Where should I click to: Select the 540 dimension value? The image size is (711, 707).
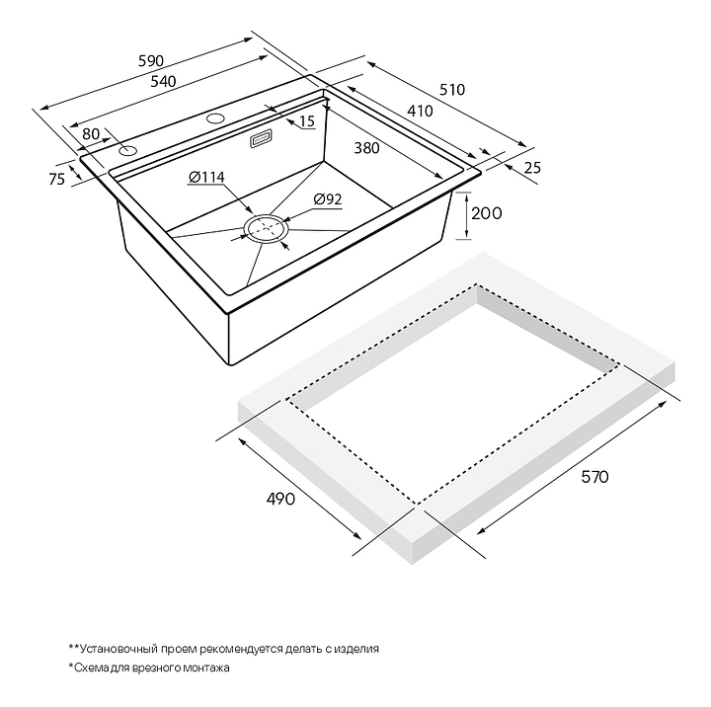point(163,82)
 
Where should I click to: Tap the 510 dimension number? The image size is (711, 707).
point(451,89)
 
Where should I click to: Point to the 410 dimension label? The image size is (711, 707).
point(420,112)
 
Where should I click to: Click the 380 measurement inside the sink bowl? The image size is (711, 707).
point(366,149)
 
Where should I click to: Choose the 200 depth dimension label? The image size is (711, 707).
point(487,213)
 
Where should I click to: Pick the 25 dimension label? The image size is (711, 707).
point(532,168)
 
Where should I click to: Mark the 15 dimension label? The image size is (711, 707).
point(306,121)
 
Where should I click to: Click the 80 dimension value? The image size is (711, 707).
point(91,133)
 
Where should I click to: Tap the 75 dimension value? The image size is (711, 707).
point(56,179)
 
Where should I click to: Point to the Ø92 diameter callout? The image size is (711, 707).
point(327,199)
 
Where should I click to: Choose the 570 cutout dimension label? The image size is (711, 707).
point(593,477)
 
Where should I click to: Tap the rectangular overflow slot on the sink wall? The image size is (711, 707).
point(263,140)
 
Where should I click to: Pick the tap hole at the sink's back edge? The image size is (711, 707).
point(214,119)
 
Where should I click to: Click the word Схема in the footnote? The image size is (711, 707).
point(94,668)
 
